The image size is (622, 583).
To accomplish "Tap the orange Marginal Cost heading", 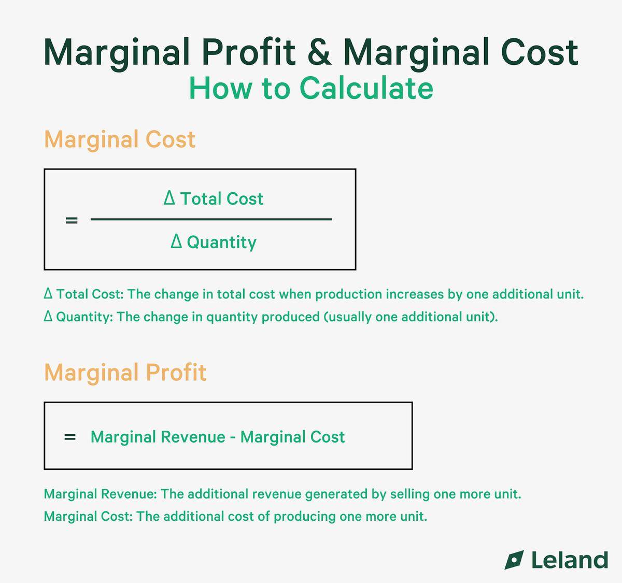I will [120, 139].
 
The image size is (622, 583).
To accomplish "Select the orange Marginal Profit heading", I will [125, 373].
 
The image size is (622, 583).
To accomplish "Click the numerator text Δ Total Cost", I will [214, 198].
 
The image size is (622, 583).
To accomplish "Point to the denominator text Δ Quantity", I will [214, 242].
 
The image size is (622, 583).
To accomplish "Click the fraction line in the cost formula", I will [211, 219].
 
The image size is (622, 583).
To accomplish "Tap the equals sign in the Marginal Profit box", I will [70, 437].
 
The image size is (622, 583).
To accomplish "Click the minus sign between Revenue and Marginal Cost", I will [233, 438].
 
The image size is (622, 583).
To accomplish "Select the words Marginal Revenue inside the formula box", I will [158, 437].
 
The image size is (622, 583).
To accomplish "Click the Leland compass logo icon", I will [514, 560].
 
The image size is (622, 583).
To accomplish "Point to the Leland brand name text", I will [569, 560].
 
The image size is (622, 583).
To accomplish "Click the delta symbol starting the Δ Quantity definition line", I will [48, 317].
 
